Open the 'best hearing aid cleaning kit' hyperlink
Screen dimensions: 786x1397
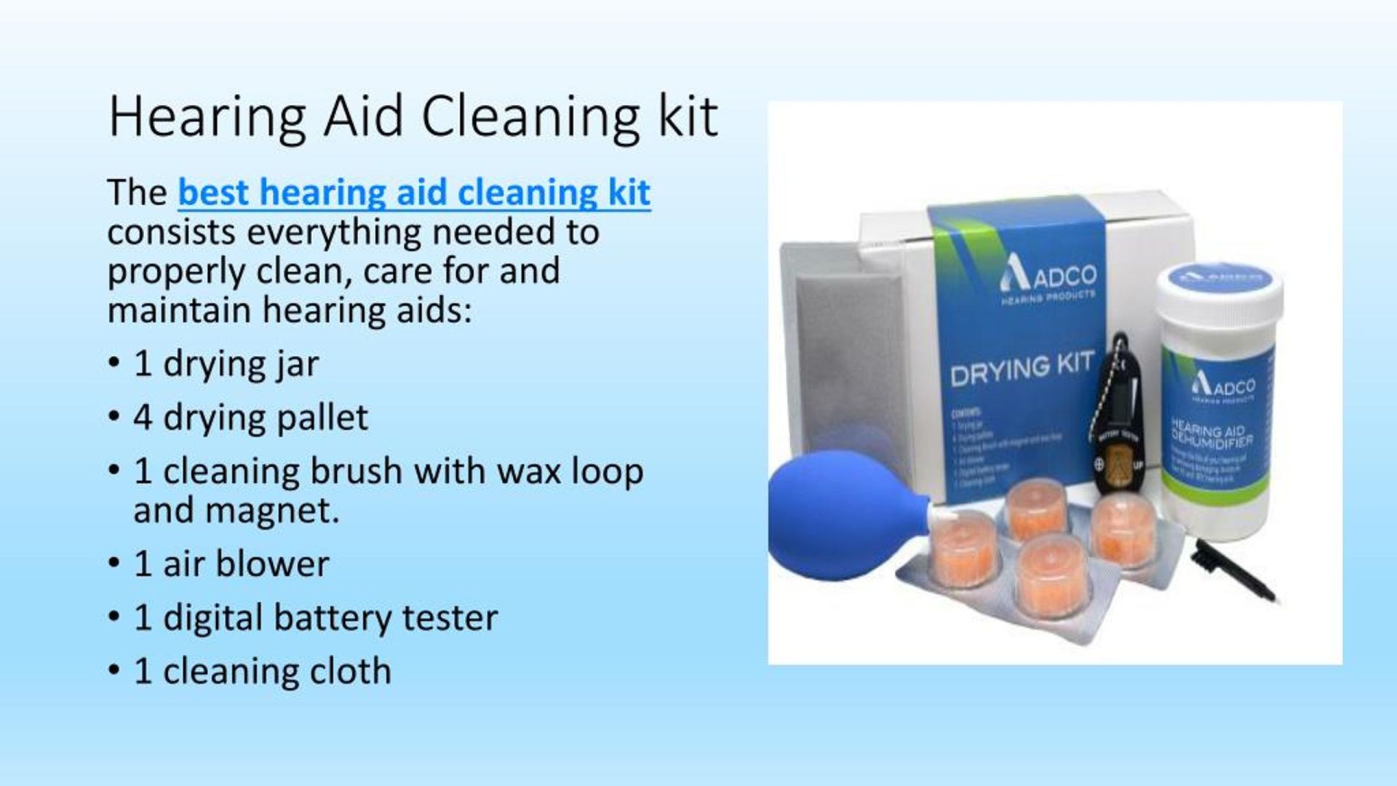click(x=414, y=192)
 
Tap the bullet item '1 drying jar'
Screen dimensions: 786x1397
click(x=226, y=364)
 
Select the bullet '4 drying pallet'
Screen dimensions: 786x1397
click(x=250, y=418)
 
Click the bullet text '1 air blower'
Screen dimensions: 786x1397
click(x=231, y=564)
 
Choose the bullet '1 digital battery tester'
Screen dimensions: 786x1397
click(x=316, y=618)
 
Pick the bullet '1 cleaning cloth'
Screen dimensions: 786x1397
click(x=262, y=671)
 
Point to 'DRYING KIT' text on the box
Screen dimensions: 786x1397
click(x=1022, y=369)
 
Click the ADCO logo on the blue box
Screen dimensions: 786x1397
click(x=1048, y=279)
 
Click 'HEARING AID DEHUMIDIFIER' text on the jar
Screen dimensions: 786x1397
click(x=1211, y=435)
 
